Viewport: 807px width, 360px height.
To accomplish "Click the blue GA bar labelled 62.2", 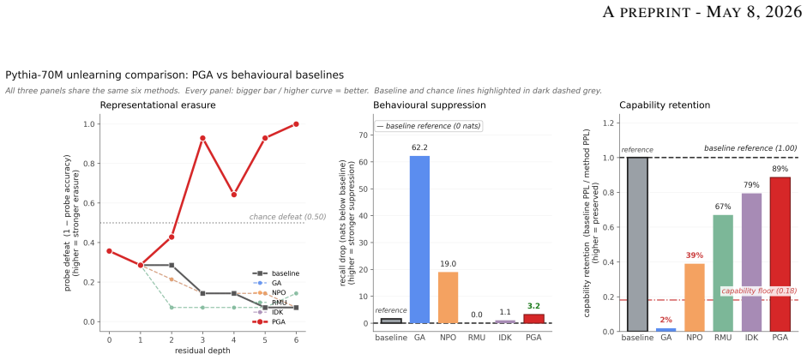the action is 419,239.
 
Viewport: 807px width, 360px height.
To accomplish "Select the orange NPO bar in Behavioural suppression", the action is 449,297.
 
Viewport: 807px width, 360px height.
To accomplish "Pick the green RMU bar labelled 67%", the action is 723,273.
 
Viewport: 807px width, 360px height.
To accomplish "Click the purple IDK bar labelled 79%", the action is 751,262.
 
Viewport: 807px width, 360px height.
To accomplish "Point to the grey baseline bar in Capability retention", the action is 638,244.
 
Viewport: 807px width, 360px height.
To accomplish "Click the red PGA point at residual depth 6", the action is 296,124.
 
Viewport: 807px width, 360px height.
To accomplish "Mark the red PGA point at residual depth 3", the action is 202,138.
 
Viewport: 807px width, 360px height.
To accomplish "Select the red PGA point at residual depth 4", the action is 233,195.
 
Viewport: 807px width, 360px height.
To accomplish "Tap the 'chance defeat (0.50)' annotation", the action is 287,217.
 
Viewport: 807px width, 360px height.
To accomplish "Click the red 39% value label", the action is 695,255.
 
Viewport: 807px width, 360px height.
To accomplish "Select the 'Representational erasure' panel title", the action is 158,105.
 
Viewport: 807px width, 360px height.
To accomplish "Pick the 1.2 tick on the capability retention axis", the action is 609,123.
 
